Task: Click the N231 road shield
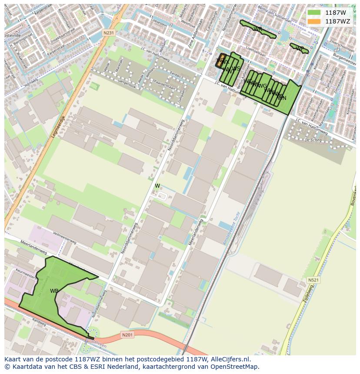[x=109, y=33]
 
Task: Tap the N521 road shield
[x=313, y=280]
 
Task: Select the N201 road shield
[x=127, y=335]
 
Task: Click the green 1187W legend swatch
[x=314, y=13]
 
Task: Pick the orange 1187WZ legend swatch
[x=314, y=21]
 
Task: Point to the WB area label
[x=54, y=291]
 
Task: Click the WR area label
[x=257, y=29]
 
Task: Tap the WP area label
[x=300, y=49]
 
